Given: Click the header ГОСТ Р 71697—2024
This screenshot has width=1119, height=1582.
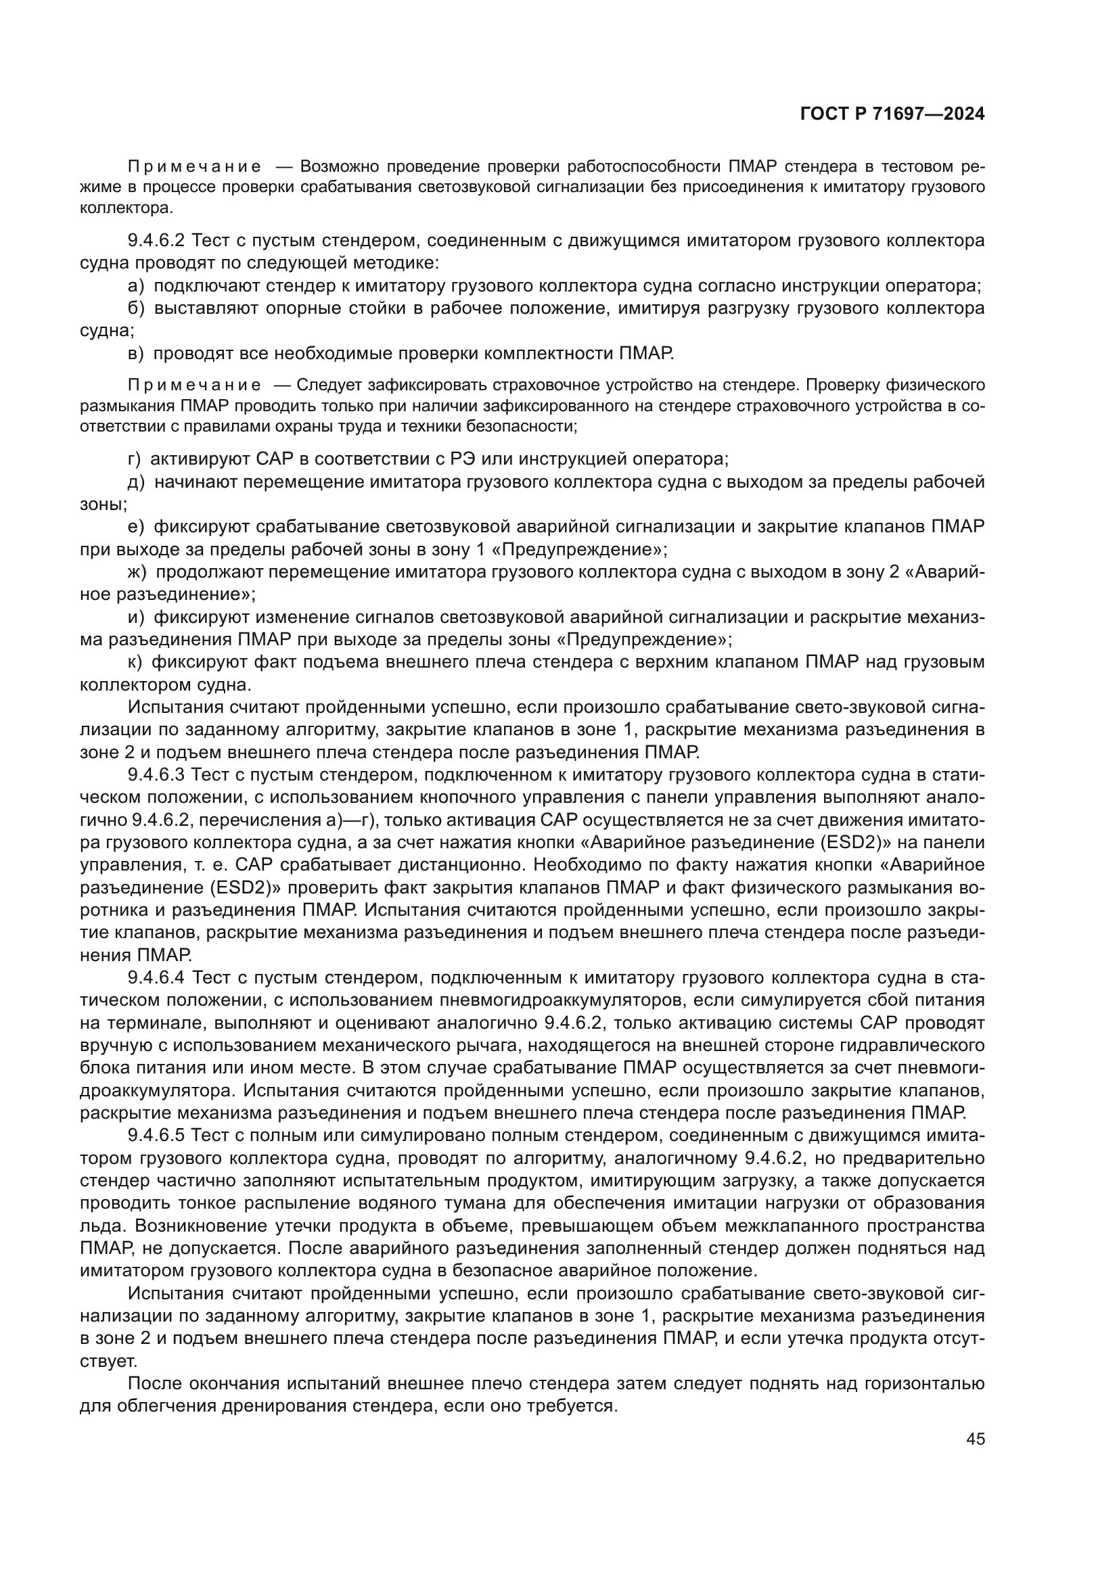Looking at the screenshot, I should pos(892,114).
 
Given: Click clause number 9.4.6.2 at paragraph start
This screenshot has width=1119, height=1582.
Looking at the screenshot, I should pos(156,241).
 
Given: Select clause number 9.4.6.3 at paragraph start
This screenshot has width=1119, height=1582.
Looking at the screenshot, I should pos(156,774).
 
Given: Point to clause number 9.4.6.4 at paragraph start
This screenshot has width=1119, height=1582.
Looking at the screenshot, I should pos(156,977).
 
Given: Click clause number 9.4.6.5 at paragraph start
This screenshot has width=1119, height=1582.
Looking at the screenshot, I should pos(156,1135).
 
